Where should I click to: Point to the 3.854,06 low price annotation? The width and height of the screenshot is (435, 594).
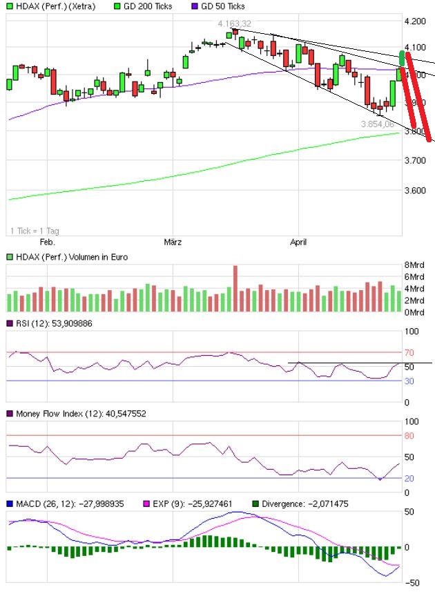pos(377,124)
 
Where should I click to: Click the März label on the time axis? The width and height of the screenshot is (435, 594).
pos(173,242)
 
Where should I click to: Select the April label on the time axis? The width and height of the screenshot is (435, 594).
pos(298,242)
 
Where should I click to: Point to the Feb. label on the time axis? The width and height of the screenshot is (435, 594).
pos(47,242)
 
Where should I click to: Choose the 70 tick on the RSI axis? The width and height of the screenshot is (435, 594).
pos(410,352)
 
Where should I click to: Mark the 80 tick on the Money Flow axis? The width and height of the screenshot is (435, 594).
pos(410,435)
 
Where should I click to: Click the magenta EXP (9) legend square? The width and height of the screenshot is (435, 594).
pos(146,504)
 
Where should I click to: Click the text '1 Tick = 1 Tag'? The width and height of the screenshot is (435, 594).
pos(35,230)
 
